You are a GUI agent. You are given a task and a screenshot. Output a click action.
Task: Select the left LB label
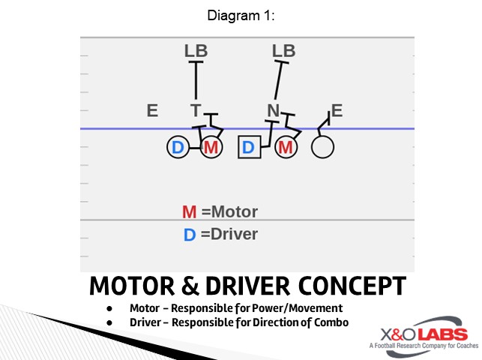click(x=196, y=51)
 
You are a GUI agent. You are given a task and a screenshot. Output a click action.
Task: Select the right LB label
click(x=283, y=51)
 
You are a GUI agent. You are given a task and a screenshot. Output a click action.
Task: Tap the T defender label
click(x=195, y=111)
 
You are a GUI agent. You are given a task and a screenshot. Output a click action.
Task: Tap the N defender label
click(x=273, y=111)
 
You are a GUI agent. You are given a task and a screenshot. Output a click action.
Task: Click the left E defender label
click(x=152, y=111)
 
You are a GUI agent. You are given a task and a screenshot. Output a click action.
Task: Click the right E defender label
click(x=337, y=111)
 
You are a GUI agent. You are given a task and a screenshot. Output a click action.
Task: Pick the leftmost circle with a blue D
click(x=178, y=148)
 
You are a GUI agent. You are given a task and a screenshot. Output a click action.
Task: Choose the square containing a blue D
click(x=249, y=148)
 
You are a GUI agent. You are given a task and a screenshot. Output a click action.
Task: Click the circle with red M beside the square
click(x=285, y=148)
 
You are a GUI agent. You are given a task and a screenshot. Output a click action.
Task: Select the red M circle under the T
click(x=211, y=148)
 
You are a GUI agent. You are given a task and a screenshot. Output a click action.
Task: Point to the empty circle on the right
click(x=322, y=148)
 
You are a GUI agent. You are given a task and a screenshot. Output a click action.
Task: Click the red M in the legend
click(x=190, y=212)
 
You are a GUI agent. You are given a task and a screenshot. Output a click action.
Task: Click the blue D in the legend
click(x=190, y=235)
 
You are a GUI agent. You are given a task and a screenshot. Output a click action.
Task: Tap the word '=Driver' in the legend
click(x=229, y=234)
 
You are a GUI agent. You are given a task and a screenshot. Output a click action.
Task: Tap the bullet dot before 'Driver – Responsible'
click(x=109, y=322)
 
